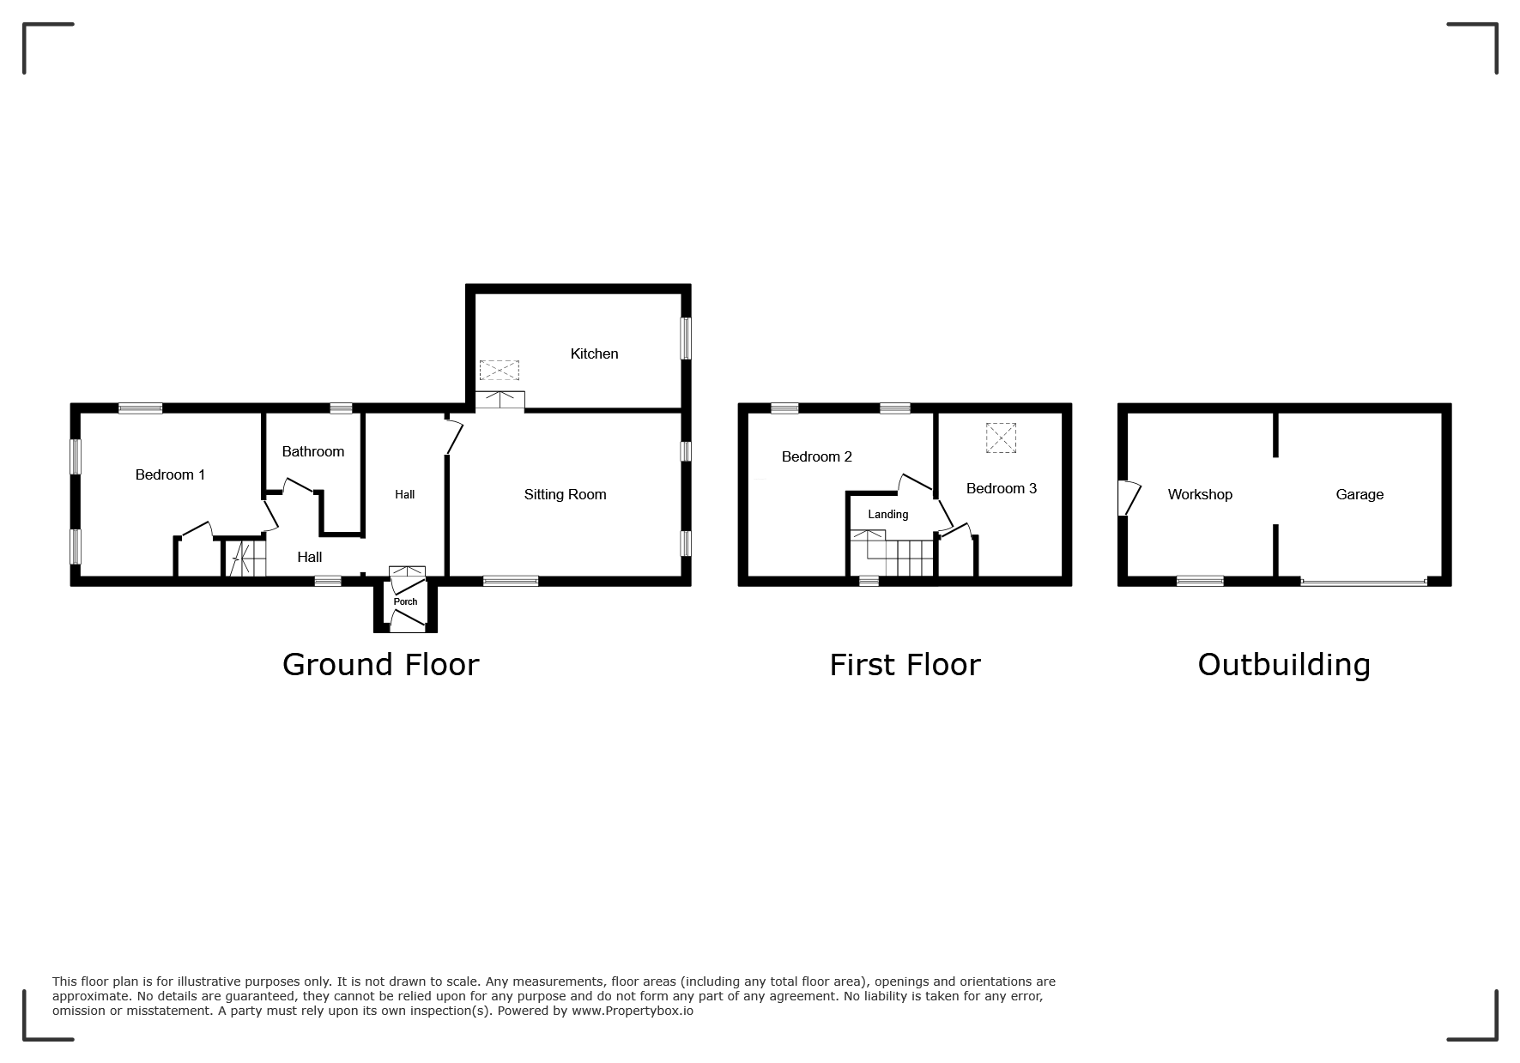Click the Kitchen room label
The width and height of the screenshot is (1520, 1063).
(594, 353)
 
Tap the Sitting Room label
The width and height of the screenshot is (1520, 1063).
(565, 494)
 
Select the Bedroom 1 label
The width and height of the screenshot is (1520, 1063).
(170, 474)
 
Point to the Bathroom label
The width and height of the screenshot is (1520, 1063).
(312, 451)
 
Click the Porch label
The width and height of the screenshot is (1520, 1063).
(405, 601)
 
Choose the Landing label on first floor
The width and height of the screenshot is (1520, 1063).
(887, 515)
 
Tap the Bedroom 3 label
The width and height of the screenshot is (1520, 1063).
(1001, 488)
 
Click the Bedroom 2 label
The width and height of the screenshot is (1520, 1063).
(816, 456)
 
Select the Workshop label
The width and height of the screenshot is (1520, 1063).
(1200, 494)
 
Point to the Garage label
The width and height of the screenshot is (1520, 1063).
(1360, 494)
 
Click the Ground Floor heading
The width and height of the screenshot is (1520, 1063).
(380, 665)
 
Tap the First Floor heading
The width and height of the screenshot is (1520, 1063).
(905, 665)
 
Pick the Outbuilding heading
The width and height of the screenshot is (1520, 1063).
(1284, 665)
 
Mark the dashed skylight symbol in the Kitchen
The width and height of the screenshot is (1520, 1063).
(500, 371)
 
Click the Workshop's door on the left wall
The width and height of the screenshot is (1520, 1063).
(1129, 498)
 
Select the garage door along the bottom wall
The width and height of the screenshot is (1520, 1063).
(1363, 583)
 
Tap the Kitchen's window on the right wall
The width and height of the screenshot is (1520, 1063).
(686, 339)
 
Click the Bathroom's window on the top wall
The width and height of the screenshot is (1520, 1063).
(341, 408)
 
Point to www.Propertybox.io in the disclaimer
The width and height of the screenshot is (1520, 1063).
(633, 1011)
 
